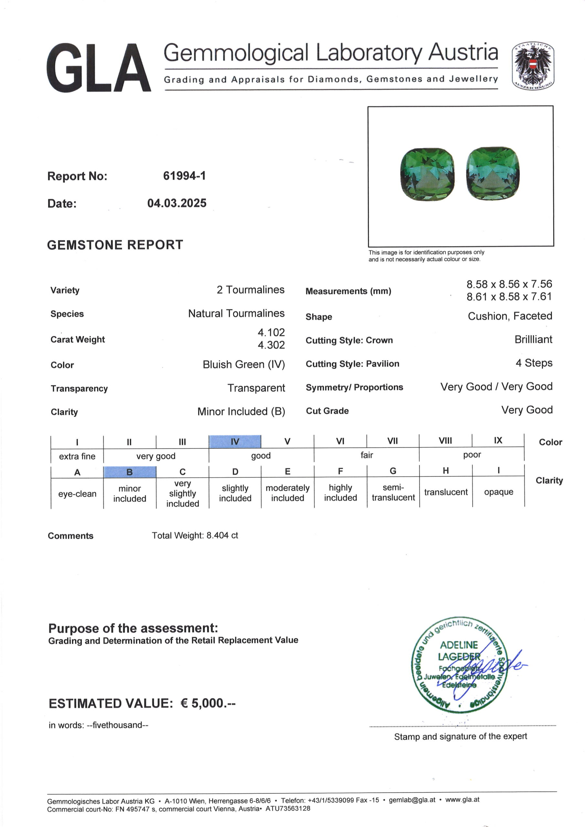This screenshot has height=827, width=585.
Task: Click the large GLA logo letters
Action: click(x=98, y=68)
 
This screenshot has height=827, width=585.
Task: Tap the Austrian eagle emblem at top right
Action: click(x=533, y=66)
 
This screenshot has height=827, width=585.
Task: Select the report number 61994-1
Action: click(x=184, y=176)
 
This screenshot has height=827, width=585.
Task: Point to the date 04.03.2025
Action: click(x=176, y=203)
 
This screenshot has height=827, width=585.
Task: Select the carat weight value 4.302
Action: click(x=271, y=345)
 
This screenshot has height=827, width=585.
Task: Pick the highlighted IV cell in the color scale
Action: click(x=235, y=442)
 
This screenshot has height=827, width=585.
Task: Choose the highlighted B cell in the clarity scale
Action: click(x=129, y=472)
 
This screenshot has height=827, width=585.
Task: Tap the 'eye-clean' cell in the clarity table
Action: click(x=77, y=494)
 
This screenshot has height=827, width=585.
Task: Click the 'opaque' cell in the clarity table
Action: click(x=498, y=492)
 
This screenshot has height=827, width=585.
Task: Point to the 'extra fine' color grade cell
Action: click(x=77, y=456)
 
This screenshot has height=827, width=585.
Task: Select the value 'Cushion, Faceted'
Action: click(x=510, y=316)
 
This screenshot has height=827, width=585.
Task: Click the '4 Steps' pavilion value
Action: click(x=534, y=363)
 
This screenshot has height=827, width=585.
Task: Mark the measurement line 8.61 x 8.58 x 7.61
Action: click(x=509, y=297)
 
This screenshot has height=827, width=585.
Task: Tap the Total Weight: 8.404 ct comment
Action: click(x=195, y=536)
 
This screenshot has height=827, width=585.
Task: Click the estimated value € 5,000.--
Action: click(x=207, y=703)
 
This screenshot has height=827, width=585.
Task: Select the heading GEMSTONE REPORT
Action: click(x=115, y=245)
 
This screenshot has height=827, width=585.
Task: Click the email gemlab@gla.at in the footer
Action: click(x=412, y=800)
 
